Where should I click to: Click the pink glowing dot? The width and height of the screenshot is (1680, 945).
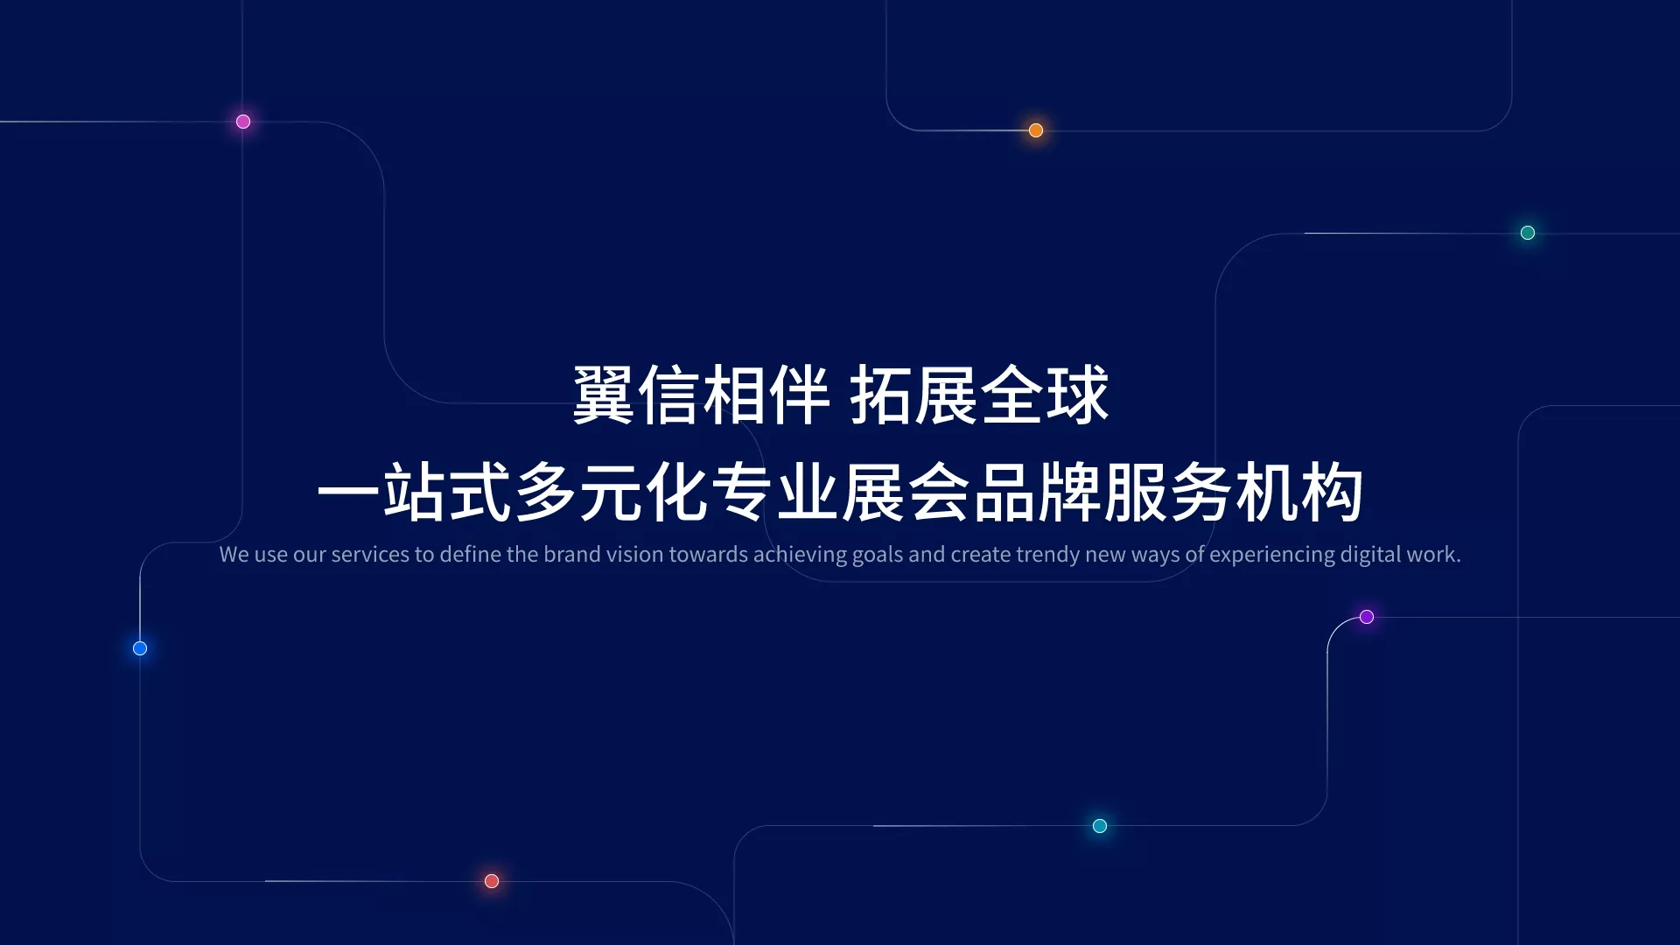point(243,122)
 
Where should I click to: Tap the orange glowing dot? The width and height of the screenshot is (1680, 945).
point(1036,130)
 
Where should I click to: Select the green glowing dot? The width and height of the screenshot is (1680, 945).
point(1528,233)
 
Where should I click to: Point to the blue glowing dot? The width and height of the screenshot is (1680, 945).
point(140,648)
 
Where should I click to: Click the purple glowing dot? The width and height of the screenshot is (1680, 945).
point(1367,617)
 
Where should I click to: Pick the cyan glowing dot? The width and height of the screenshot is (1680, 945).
point(1100,826)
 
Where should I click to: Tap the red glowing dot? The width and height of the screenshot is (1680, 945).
point(492,881)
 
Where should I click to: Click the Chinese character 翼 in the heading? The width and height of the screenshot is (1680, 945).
point(604,395)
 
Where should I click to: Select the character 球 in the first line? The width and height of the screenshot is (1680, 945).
point(1078,395)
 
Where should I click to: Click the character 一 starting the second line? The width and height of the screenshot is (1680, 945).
point(348,493)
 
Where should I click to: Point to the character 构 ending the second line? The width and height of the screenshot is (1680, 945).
point(1332,493)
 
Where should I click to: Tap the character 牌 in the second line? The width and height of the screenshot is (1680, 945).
point(1070,493)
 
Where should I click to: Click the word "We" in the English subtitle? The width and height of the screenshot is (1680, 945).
point(234,555)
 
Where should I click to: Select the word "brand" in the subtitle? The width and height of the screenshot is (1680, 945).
point(572,555)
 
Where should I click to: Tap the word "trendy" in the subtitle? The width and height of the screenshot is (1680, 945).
point(1047,556)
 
